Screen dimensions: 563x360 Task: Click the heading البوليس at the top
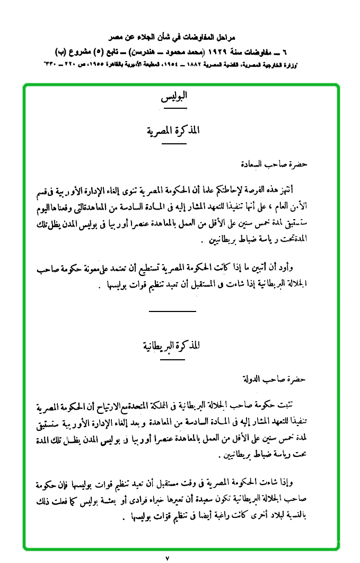pyautogui.click(x=174, y=98)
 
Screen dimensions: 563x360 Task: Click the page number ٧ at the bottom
pyautogui.click(x=168, y=558)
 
